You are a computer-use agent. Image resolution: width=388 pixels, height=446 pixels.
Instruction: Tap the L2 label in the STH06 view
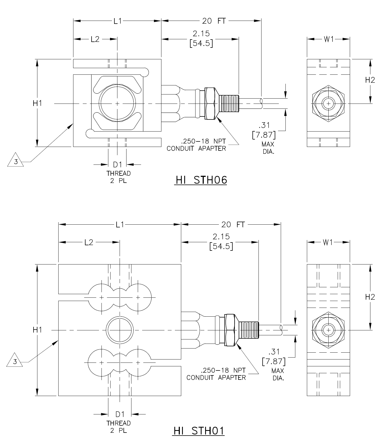[95, 39]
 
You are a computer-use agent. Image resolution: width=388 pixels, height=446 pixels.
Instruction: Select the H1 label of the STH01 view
[37, 330]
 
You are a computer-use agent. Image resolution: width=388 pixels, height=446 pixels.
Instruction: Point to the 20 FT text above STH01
[233, 225]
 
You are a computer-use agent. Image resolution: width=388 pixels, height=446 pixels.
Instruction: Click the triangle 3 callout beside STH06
[15, 161]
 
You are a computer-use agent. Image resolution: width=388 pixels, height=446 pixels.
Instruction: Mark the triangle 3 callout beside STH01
[15, 361]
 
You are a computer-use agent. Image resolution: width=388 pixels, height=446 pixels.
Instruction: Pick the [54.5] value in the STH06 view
[201, 43]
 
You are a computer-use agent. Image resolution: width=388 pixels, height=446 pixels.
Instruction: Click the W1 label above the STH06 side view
[328, 39]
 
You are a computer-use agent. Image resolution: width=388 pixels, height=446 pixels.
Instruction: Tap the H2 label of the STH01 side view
[370, 297]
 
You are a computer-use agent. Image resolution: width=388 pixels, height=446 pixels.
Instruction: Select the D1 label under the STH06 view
[117, 165]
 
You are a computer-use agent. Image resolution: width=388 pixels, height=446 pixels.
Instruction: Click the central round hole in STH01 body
[120, 330]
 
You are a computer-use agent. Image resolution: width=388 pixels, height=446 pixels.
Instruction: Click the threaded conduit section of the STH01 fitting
[248, 330]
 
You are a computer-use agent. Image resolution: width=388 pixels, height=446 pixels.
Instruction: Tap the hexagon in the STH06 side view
[328, 104]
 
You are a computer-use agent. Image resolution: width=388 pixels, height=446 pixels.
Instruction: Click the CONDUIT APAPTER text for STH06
[196, 149]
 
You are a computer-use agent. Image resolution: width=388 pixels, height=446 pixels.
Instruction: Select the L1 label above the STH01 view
[120, 225]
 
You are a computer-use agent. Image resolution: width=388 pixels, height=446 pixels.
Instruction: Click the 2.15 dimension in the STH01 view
[221, 236]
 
